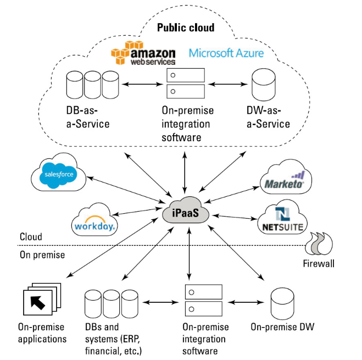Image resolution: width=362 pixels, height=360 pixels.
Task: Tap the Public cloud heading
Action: pos(186,27)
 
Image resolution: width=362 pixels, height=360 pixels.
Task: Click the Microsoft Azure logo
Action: pos(226,53)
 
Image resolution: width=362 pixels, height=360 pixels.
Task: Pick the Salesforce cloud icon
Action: pos(58,174)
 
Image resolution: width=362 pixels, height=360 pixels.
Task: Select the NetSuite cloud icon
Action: pos(283,219)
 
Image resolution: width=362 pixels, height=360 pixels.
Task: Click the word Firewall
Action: pos(319,264)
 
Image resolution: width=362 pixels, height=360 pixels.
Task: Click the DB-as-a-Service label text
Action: pos(87,117)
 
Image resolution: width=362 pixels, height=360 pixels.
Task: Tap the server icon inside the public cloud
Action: pos(186,83)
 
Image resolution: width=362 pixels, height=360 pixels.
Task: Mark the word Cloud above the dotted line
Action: pos(31,237)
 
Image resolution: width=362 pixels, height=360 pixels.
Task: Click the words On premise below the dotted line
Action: pos(42,255)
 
